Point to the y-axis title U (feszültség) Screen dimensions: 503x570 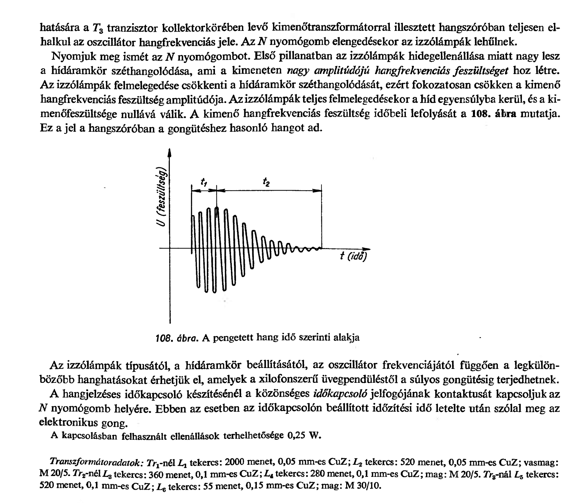163,198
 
